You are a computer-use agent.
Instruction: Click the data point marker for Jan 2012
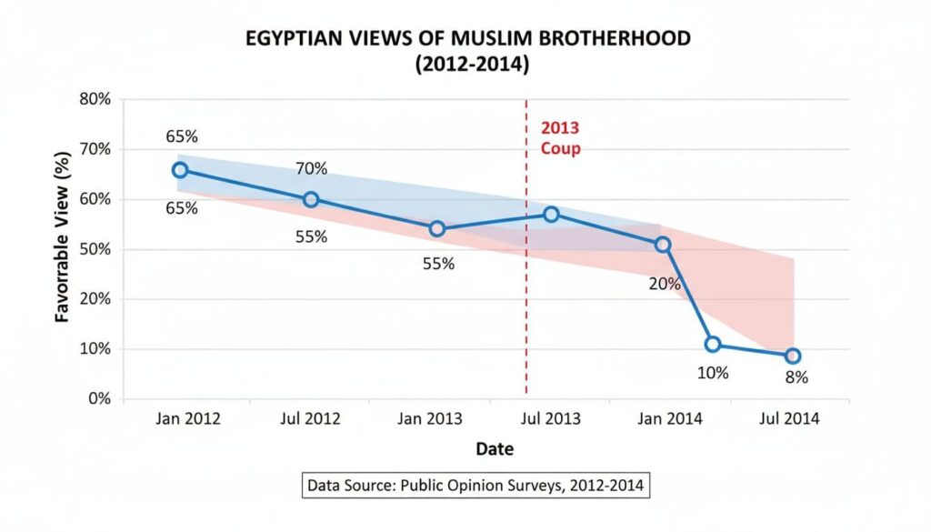click(180, 170)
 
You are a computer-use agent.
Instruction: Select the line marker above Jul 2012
click(311, 199)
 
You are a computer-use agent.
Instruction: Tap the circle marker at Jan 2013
click(436, 228)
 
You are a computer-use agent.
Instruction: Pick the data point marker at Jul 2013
click(551, 215)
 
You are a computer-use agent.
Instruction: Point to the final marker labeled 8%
click(793, 356)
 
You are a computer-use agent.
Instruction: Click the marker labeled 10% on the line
click(713, 344)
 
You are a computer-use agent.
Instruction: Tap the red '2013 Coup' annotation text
click(560, 138)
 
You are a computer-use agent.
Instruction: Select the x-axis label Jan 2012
click(188, 419)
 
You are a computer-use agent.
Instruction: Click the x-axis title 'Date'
click(495, 449)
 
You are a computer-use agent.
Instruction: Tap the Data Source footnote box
click(476, 486)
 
